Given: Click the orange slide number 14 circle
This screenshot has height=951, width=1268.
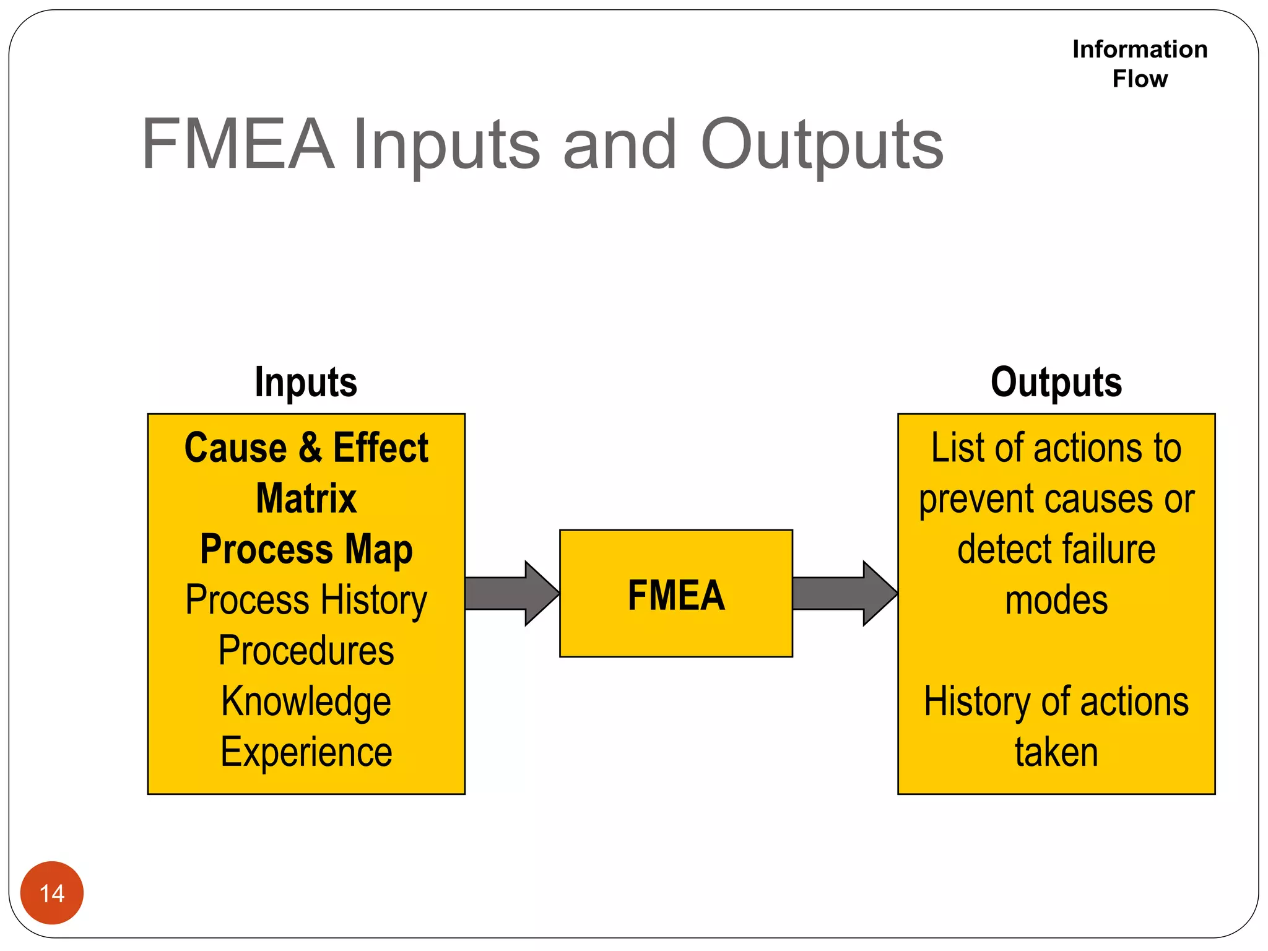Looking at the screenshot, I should click(x=52, y=892).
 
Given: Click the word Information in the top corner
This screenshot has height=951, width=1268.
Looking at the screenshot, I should click(x=1139, y=50).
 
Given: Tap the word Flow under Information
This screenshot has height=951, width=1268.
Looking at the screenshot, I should click(x=1139, y=79).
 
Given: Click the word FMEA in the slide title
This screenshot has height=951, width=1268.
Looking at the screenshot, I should click(x=238, y=145).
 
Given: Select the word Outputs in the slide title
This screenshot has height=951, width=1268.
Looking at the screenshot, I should click(x=822, y=145).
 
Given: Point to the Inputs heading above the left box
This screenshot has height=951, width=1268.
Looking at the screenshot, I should click(x=306, y=382).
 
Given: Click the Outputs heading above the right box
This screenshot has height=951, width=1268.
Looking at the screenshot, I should click(x=1056, y=382).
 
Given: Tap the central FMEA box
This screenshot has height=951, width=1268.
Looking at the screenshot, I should click(x=675, y=593).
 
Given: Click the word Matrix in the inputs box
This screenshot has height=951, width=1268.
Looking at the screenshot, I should click(x=306, y=498).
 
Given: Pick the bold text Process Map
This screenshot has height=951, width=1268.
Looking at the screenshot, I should click(x=306, y=549).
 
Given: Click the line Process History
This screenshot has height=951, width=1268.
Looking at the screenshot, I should click(x=306, y=600).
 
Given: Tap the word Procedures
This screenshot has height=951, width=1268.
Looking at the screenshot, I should click(x=306, y=651).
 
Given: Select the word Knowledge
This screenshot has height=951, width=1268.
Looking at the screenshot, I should click(x=306, y=701).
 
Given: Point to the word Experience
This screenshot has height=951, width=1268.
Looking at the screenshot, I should click(x=306, y=752).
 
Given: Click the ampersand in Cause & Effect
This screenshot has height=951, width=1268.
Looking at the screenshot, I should click(x=310, y=448).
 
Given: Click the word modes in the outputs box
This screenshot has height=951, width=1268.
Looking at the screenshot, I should click(x=1056, y=600).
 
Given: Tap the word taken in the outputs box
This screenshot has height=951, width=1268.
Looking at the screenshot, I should click(x=1056, y=752).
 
